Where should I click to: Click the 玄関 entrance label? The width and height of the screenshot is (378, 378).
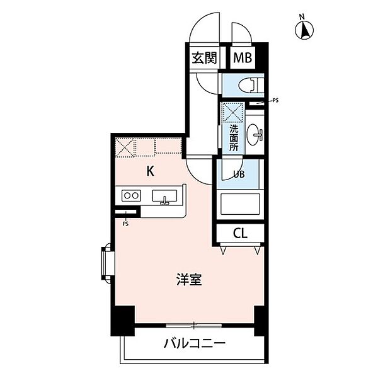pos(204,59)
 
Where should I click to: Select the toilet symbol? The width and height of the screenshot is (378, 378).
pos(253,83)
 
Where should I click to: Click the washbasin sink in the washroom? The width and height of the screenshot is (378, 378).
pos(256,133)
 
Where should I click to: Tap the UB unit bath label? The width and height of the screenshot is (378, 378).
pos(240,175)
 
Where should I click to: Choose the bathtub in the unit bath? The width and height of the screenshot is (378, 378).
pos(240,205)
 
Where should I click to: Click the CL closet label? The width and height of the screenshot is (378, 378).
pos(240,234)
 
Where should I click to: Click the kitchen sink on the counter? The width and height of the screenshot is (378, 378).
pos(165,197)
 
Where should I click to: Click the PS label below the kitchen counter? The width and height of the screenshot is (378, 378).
pos(125,223)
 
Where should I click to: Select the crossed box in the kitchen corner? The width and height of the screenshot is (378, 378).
pos(126,147)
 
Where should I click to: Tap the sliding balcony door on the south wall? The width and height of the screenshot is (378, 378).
pos(195,325)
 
